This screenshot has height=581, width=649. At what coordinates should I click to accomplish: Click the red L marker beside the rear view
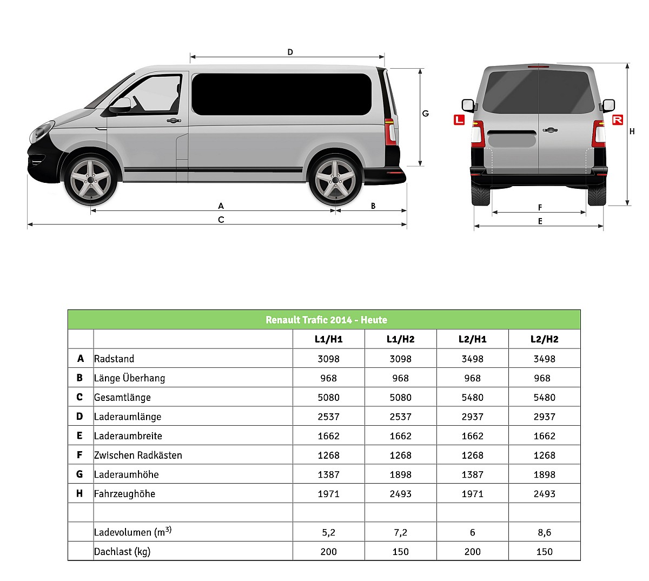459,120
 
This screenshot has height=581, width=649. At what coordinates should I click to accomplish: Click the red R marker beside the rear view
617,120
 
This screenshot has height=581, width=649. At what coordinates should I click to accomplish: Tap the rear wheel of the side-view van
335,180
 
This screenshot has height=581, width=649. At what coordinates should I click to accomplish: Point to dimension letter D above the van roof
290,52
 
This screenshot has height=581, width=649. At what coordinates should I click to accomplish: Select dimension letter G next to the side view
426,114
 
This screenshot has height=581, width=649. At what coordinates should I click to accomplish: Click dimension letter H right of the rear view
632,131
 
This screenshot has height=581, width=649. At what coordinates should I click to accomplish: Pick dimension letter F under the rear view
540,207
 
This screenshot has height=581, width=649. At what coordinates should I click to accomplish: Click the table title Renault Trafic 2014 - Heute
326,320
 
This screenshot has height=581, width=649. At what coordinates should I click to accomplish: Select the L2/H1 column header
472,339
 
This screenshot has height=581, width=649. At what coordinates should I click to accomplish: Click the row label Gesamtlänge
122,397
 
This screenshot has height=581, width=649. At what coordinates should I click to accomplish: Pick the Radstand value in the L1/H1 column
328,359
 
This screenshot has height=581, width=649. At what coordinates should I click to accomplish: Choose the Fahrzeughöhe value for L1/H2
400,493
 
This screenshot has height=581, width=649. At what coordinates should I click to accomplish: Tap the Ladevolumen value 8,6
544,532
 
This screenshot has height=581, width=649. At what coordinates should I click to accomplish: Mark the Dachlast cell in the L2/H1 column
472,551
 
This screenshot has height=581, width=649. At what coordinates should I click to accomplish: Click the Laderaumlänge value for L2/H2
544,417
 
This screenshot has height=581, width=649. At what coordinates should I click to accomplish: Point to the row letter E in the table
80,435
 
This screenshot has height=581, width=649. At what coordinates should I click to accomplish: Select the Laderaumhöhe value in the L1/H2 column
400,474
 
